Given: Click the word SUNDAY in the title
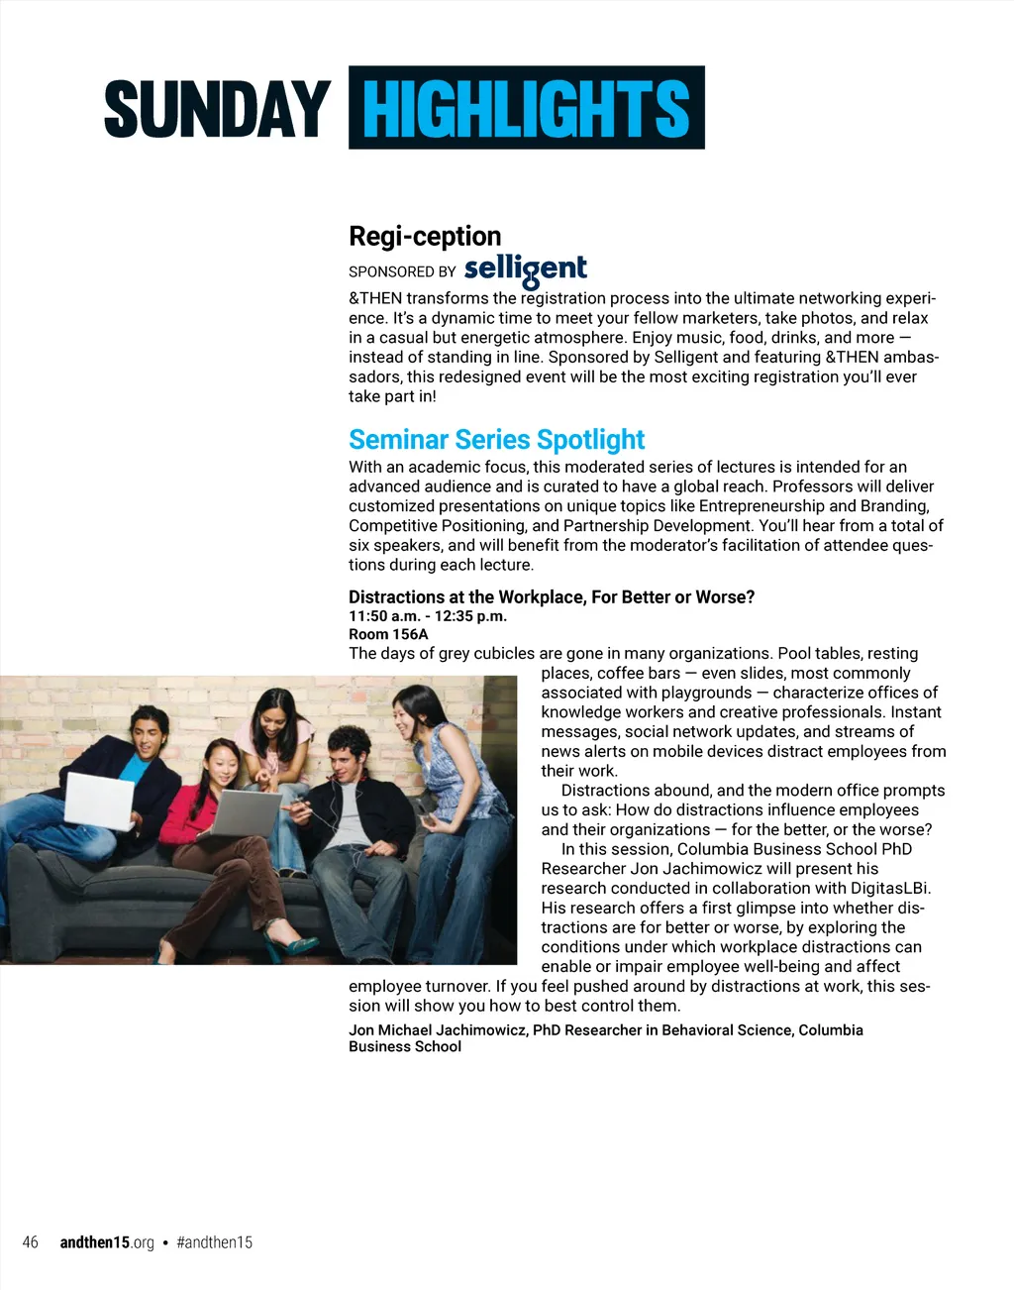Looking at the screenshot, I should tap(217, 109).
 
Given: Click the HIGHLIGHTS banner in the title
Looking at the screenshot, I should tap(526, 108).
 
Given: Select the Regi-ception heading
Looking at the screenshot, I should tap(425, 237).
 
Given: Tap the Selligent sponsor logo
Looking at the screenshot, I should tap(525, 269).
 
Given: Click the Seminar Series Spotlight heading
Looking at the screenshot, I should tap(496, 439).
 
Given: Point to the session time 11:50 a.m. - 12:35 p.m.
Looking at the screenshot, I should tap(428, 616).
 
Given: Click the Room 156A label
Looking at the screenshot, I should tap(388, 634).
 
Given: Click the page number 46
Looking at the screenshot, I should tap(31, 1242).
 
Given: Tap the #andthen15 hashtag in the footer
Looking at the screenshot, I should tap(214, 1242).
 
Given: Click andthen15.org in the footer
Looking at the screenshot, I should tap(107, 1242).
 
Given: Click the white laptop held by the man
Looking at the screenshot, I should tap(99, 799).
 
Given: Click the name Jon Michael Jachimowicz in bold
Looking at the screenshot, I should tap(438, 1030).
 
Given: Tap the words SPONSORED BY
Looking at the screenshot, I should tap(402, 271).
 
